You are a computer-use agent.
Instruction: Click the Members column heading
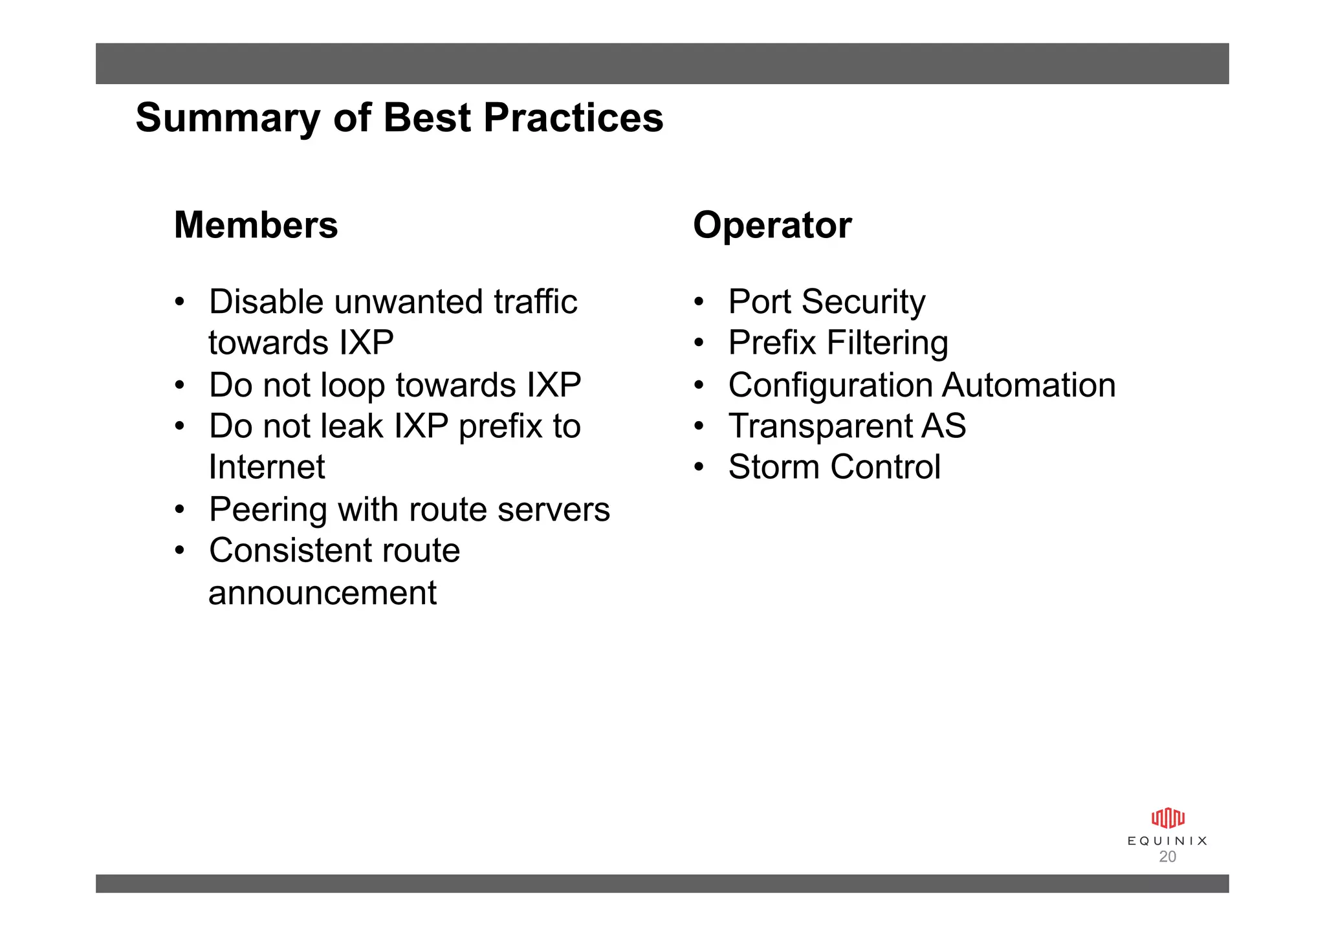pos(256,225)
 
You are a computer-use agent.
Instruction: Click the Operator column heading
pos(772,225)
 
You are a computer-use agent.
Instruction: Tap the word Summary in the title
pos(228,118)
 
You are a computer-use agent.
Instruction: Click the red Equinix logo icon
pos(1167,818)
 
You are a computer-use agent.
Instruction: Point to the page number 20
pos(1167,856)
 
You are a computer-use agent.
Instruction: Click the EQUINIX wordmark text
pos(1167,841)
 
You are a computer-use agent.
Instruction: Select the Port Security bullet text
pos(826,302)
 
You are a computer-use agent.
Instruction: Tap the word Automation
pos(1029,385)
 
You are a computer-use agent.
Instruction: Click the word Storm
pos(774,467)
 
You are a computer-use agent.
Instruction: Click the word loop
pos(353,386)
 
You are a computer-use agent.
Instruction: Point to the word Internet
pos(267,467)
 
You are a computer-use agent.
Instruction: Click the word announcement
pos(322,593)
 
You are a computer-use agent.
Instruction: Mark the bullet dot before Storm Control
pos(698,467)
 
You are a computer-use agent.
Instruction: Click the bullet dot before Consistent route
pos(180,550)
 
